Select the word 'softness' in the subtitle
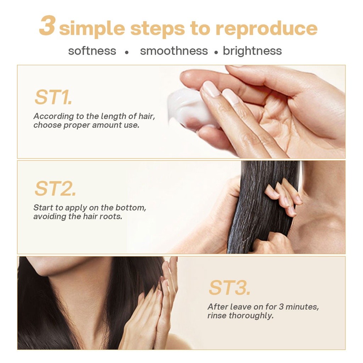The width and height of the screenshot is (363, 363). click(x=92, y=51)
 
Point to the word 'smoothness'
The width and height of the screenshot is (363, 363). click(x=174, y=51)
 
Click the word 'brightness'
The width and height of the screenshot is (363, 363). click(x=252, y=51)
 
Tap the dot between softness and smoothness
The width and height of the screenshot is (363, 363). click(x=127, y=52)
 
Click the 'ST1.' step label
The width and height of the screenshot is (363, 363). click(x=53, y=97)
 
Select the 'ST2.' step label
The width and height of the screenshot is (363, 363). click(x=55, y=189)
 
